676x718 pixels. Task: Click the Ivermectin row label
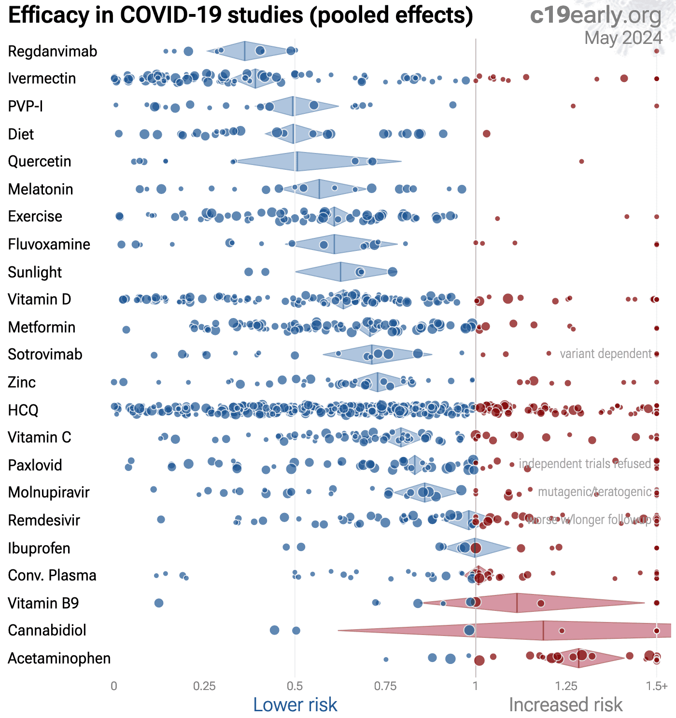(x=42, y=78)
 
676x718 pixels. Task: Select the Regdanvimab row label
(x=53, y=51)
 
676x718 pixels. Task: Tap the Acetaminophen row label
(x=59, y=658)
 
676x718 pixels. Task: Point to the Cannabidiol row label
(x=47, y=630)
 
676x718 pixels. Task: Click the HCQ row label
(x=23, y=410)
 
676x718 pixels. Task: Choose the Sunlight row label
(x=35, y=272)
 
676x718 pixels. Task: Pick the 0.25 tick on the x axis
(x=204, y=686)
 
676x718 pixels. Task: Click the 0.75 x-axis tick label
(x=385, y=686)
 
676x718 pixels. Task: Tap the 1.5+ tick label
(x=657, y=686)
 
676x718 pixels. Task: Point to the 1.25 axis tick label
(x=566, y=686)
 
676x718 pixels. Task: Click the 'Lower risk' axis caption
(x=295, y=705)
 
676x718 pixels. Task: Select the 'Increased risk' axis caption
(x=565, y=705)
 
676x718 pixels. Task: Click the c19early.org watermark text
(x=596, y=15)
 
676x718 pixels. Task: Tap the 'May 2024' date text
(x=623, y=38)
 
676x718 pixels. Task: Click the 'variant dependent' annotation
(x=606, y=354)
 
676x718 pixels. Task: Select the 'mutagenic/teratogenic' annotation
(x=594, y=492)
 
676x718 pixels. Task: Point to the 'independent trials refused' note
(x=585, y=464)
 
